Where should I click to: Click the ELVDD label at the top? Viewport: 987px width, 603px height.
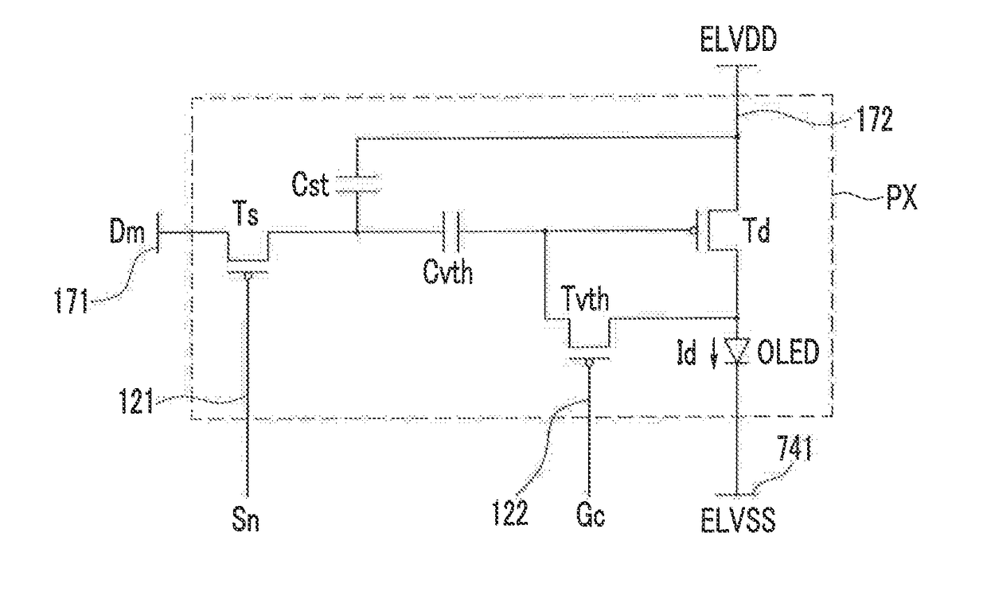click(738, 40)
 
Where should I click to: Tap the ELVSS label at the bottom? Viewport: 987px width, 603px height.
click(738, 520)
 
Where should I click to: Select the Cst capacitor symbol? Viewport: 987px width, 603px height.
click(358, 184)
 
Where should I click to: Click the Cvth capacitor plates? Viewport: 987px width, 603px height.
click(453, 231)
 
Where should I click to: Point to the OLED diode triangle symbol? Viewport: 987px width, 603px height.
click(738, 351)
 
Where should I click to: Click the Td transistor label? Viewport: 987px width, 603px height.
click(756, 230)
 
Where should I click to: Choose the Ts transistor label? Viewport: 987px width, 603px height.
click(245, 213)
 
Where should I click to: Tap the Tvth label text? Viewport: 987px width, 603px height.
click(585, 298)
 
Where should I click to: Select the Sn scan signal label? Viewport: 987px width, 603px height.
click(245, 520)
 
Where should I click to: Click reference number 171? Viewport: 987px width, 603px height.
click(72, 301)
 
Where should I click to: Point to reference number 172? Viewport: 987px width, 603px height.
click(874, 119)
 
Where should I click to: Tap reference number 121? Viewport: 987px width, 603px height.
click(136, 401)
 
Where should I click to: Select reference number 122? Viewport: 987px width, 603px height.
click(509, 513)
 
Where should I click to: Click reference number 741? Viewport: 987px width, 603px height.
click(794, 449)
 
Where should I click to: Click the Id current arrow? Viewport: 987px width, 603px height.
click(714, 356)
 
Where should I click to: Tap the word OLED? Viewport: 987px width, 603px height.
click(788, 352)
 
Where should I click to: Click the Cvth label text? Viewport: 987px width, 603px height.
click(447, 271)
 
